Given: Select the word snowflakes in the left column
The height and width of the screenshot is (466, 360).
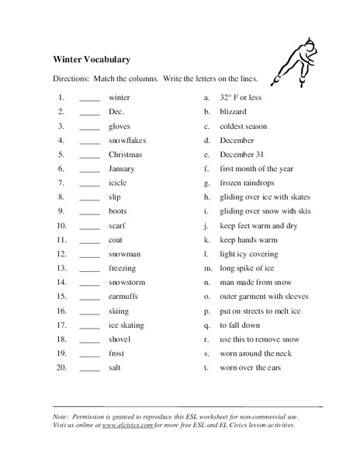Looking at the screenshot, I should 127,141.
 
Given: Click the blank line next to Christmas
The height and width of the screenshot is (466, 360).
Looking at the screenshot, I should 89,157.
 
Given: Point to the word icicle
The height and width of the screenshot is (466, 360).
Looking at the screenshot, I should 118,183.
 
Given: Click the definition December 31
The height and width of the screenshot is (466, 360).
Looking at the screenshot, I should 243,155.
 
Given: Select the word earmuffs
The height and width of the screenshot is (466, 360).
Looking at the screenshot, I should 124,296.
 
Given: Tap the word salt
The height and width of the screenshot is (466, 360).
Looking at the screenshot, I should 116,367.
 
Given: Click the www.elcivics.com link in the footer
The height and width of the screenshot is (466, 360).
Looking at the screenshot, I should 127,426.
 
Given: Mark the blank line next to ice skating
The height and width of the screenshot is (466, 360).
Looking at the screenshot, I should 89,325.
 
